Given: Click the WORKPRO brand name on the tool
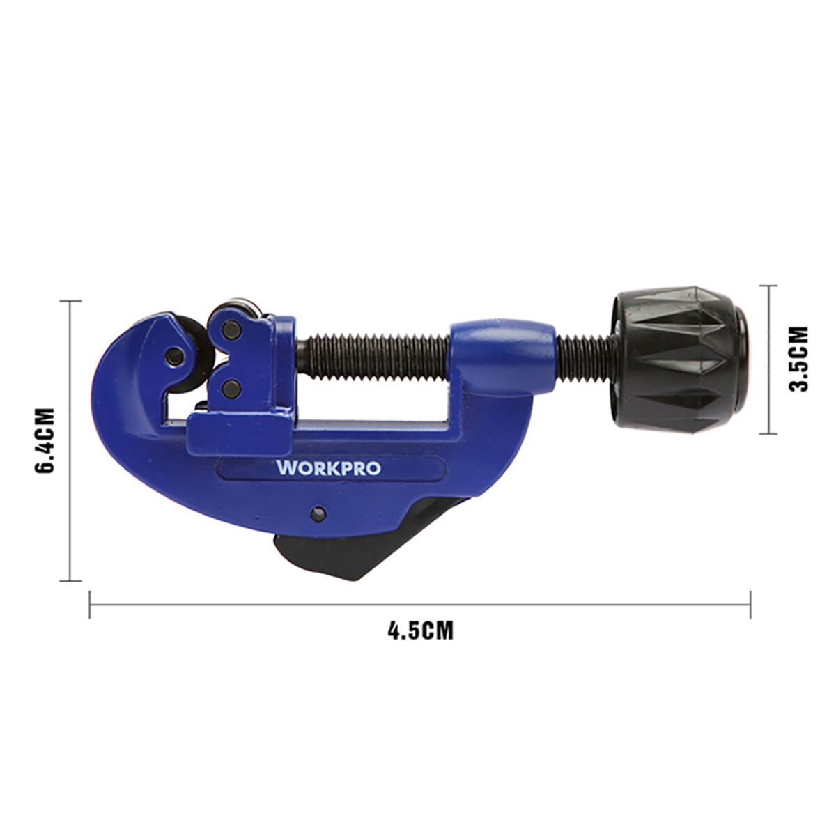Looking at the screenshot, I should pos(329,467).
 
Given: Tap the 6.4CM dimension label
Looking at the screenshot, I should pos(44,441).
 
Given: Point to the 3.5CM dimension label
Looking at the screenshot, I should pos(802,359).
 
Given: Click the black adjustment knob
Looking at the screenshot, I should pos(679,359).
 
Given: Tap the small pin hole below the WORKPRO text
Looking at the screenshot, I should pos(318,515).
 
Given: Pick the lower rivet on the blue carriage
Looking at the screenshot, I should pos(232,387).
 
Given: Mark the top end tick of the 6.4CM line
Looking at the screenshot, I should pos(70,301).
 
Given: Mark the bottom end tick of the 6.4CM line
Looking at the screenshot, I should pos(70,580).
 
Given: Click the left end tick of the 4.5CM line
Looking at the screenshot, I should pos(90,604).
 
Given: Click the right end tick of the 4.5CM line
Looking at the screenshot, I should pos(750,604).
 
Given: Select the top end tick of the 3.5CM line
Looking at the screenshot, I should pos(768,286).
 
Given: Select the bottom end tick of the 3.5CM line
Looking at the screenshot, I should pos(768,433).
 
